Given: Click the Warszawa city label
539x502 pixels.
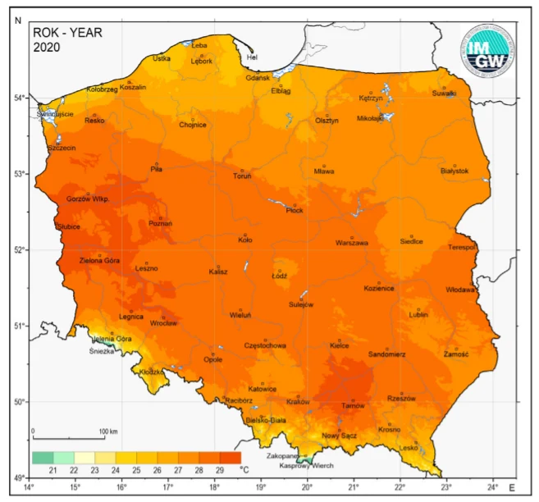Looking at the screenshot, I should click(351, 243).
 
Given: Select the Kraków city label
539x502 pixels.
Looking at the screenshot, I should click(297, 402).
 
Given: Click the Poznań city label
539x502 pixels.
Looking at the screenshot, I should click(160, 223).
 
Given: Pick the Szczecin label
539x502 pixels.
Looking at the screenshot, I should click(62, 148).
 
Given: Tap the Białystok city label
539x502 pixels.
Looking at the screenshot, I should click(454, 171).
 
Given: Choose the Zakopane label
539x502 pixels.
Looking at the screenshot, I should click(281, 455).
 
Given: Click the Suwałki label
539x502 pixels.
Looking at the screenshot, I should click(444, 94).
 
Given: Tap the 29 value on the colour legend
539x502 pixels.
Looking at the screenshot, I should click(219, 470).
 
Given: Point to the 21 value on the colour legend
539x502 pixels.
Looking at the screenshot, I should click(53, 470).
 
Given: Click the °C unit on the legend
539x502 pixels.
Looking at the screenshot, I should click(244, 470).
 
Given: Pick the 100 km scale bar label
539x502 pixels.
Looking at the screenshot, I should click(108, 431).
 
